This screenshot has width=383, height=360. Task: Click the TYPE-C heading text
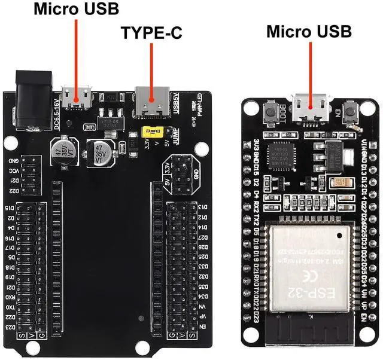[151, 33]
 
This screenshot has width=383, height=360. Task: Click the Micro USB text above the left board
[76, 9]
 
